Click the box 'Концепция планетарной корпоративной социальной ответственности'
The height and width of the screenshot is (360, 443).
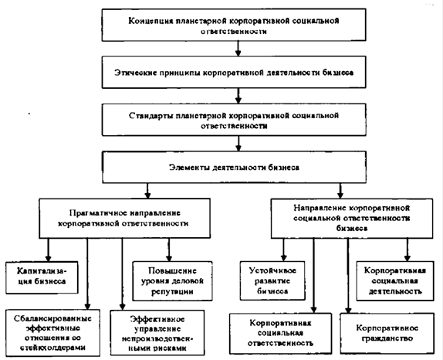pos(234,25)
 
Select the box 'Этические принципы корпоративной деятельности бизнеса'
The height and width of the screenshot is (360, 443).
pos(234,72)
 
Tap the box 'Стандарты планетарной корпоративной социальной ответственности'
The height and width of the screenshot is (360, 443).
pos(234,120)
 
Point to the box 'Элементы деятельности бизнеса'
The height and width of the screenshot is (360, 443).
pos(234,167)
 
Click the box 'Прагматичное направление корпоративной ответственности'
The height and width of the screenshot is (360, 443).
pos(124,218)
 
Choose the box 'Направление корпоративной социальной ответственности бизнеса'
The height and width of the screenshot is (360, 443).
pos(352,219)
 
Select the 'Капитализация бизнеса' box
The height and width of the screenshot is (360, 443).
pos(42,277)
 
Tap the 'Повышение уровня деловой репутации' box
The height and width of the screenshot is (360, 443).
pos(172,281)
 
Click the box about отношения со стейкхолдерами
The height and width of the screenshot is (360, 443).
pos(52,332)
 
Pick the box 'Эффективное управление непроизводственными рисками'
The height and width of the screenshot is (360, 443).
pos(157,333)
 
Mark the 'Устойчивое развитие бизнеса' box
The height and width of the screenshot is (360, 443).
pos(272,280)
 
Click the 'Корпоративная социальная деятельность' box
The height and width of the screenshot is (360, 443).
pos(395,281)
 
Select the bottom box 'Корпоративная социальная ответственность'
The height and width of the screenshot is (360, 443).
pos(281,333)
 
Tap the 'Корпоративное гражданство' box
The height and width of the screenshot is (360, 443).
pos(387,333)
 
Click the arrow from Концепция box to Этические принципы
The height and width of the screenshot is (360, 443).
pos(238,49)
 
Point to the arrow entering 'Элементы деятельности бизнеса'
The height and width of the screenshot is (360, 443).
pos(238,144)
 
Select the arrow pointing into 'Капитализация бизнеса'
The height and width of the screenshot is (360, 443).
pos(48,250)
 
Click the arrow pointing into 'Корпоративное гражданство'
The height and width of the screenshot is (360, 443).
pos(348,276)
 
